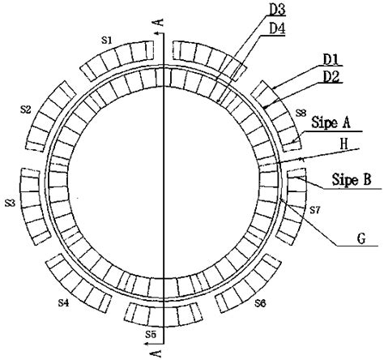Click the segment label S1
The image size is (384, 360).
point(107,41)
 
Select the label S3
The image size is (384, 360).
point(11,203)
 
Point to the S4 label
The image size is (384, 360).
point(64,302)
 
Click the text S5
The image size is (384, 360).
point(151,335)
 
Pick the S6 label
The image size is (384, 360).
point(260,303)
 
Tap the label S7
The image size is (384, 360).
point(314,210)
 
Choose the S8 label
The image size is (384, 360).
point(301,113)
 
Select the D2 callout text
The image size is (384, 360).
point(331,77)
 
